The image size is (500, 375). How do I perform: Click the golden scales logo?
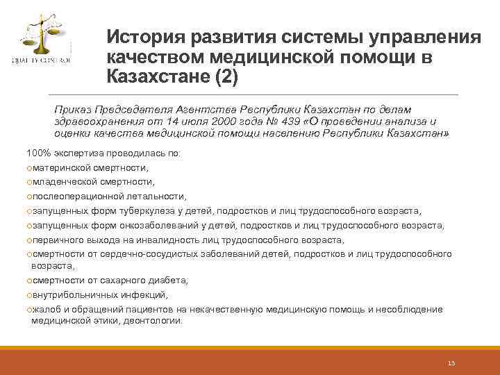(40, 37)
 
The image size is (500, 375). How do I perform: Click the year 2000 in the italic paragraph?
(211, 121)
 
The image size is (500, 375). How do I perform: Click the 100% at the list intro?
(37, 153)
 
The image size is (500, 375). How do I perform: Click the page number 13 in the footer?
(451, 364)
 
